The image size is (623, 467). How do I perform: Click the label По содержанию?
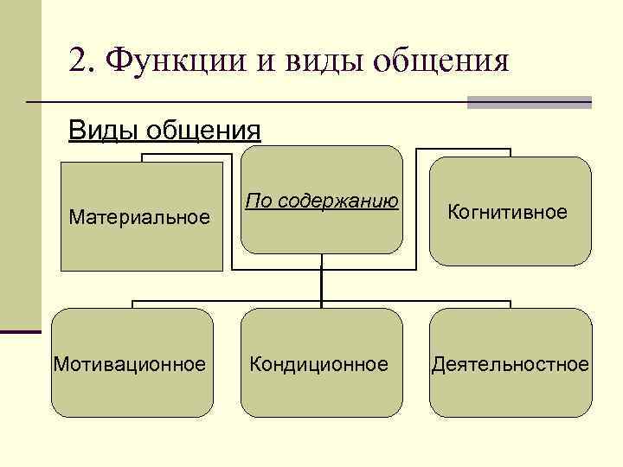click(x=321, y=202)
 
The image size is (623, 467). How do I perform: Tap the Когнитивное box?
click(x=511, y=211)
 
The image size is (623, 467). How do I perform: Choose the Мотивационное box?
click(x=132, y=363)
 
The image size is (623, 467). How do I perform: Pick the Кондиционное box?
click(x=321, y=363)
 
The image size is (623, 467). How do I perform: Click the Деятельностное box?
click(x=511, y=363)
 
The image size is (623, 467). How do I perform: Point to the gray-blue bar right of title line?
click(x=529, y=102)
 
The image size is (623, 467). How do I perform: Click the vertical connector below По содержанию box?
click(x=321, y=282)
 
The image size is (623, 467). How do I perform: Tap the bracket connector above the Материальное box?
click(x=186, y=156)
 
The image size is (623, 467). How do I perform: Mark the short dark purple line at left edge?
click(x=21, y=330)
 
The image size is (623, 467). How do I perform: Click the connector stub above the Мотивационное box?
click(x=132, y=304)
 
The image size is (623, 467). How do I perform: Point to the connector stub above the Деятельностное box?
click(x=511, y=304)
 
